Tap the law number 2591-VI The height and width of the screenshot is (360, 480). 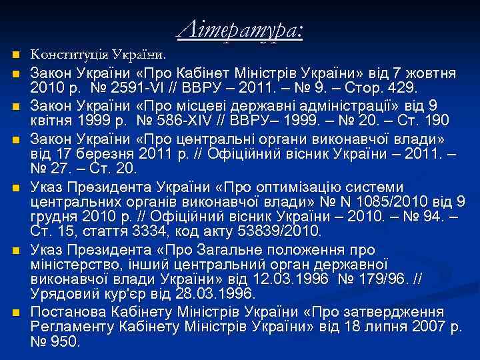[131, 88]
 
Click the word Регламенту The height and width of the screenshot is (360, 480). [70, 327]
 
